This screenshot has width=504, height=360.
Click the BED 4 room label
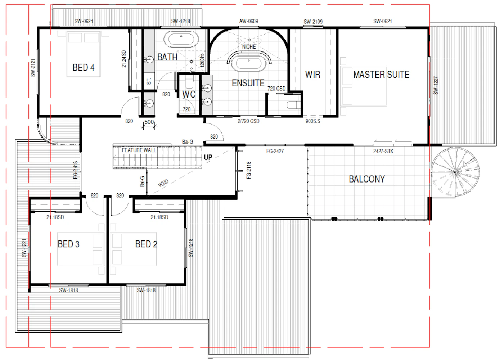[83, 68]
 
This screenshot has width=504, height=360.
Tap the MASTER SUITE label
[381, 75]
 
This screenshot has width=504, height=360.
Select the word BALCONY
[367, 179]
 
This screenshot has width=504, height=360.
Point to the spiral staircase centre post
[455, 172]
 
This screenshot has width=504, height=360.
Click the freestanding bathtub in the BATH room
[181, 39]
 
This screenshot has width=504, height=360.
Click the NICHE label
[249, 47]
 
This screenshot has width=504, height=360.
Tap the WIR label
[313, 75]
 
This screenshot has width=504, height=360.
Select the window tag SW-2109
[313, 22]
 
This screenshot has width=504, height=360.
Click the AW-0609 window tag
[249, 21]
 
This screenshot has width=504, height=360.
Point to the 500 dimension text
[149, 122]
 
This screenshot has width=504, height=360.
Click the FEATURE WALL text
[139, 150]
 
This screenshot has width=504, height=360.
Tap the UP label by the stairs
[208, 157]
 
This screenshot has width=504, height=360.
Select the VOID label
[163, 183]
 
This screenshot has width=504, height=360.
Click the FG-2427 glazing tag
[275, 151]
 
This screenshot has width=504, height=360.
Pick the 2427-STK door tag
[383, 151]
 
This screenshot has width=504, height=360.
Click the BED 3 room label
[68, 244]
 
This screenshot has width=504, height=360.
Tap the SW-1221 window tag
[24, 248]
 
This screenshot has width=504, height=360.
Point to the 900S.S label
[313, 121]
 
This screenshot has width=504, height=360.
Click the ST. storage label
[149, 81]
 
